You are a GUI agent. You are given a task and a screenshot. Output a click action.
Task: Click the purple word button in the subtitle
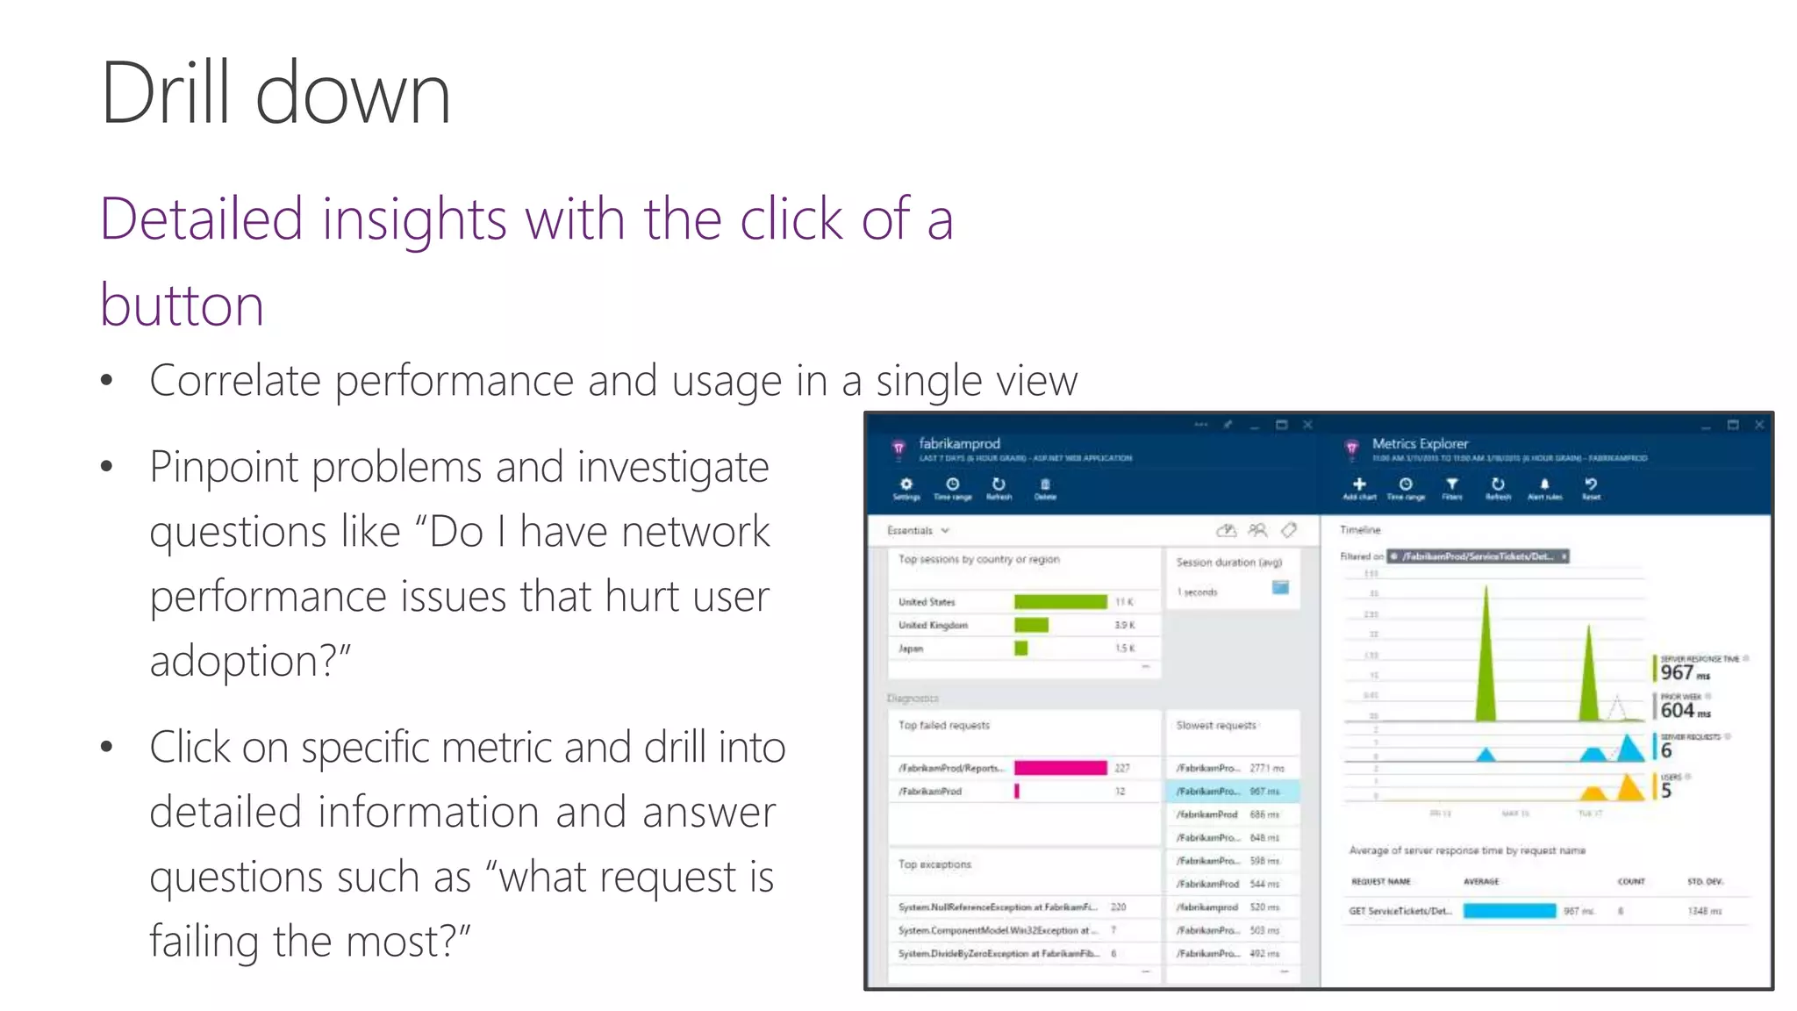(182, 305)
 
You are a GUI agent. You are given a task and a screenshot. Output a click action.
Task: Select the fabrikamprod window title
(959, 444)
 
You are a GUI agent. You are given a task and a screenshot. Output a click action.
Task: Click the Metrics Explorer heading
(1420, 444)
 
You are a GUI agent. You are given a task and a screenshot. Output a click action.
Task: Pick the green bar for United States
(1060, 602)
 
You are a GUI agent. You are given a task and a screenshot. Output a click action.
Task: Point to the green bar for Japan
(1020, 649)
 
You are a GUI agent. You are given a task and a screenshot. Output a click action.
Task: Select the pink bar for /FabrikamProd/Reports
(1060, 768)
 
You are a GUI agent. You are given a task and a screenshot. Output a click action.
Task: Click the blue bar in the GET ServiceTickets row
(1509, 911)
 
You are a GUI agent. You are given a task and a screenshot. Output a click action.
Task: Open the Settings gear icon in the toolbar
(906, 484)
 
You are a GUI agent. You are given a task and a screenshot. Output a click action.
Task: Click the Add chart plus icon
(1359, 484)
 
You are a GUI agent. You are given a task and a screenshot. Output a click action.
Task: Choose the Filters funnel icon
(1452, 484)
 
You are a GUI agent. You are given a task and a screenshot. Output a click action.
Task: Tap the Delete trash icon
(1045, 484)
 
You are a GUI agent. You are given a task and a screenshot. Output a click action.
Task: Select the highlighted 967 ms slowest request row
(1231, 792)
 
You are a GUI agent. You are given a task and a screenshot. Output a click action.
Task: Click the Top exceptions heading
(934, 864)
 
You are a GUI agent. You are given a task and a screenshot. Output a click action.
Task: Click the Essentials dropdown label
(910, 531)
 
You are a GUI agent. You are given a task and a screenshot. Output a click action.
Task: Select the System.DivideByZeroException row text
(998, 954)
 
